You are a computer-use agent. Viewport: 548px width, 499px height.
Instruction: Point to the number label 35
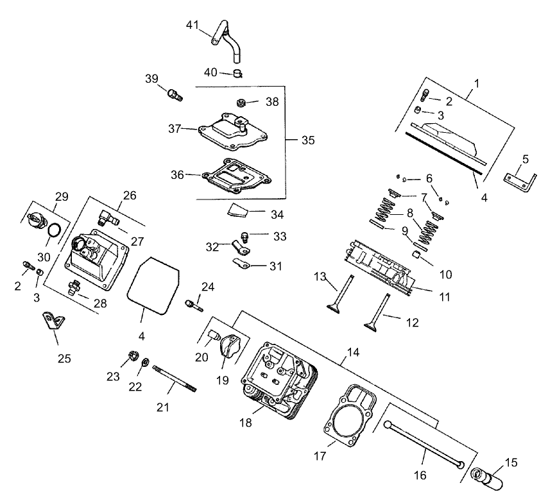tap(308, 140)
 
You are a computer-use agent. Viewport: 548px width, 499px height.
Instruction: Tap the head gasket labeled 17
tap(348, 415)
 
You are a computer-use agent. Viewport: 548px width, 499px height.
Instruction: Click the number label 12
tap(411, 323)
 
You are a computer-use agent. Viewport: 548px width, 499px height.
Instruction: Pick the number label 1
tap(475, 83)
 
